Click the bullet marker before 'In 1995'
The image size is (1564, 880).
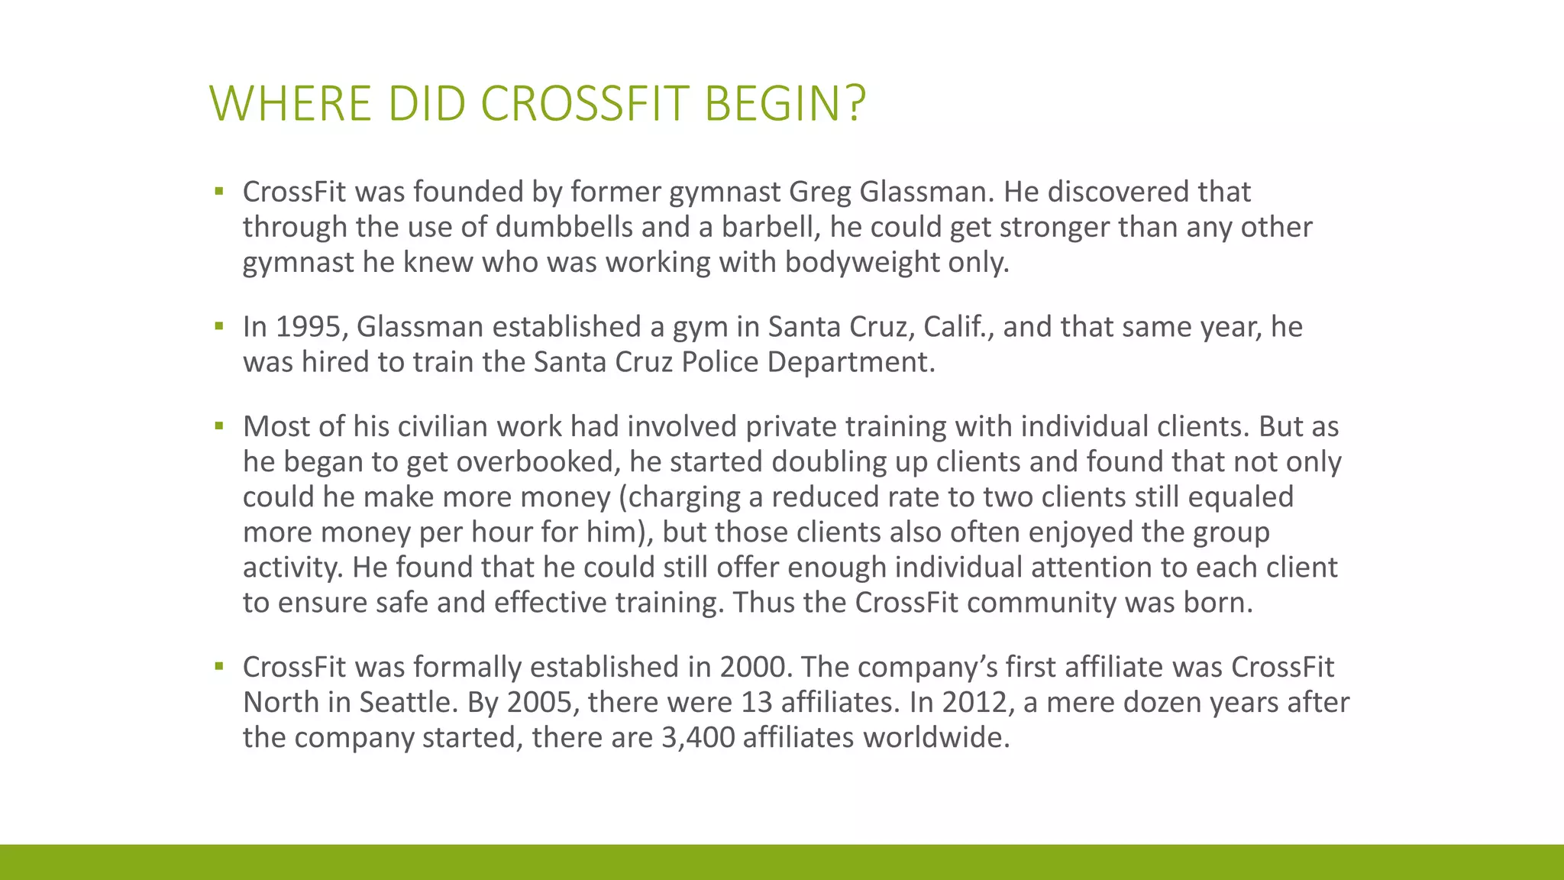pyautogui.click(x=219, y=327)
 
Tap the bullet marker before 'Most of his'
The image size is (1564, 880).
pyautogui.click(x=219, y=426)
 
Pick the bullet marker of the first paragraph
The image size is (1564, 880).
pyautogui.click(x=219, y=192)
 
